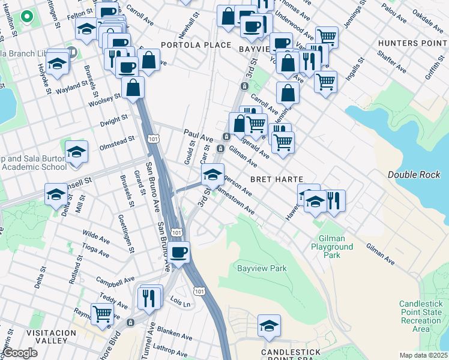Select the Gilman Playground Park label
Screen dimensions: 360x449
click(332, 247)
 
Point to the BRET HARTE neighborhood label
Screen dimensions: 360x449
click(276, 179)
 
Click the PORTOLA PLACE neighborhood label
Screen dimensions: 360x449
click(196, 45)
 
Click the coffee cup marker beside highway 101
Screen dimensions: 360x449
click(178, 252)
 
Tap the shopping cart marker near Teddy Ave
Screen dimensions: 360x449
click(103, 313)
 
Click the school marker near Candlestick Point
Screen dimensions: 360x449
click(270, 325)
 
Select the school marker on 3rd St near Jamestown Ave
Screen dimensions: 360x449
click(211, 175)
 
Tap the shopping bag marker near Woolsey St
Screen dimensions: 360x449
click(133, 87)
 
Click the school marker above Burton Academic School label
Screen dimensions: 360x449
click(76, 152)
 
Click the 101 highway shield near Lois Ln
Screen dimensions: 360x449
click(199, 290)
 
